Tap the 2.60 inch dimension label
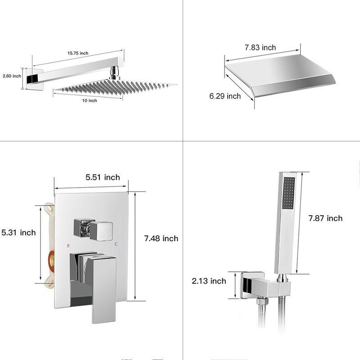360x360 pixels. click(x=12, y=76)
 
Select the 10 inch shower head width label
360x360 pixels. click(x=89, y=100)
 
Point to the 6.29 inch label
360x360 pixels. click(x=225, y=96)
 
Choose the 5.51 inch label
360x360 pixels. click(x=103, y=177)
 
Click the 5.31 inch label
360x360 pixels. click(x=18, y=233)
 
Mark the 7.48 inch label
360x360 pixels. click(x=161, y=238)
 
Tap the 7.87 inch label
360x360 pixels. click(x=325, y=218)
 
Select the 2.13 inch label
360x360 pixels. click(x=209, y=281)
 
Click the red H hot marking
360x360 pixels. click(x=68, y=246)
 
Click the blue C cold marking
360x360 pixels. click(x=116, y=244)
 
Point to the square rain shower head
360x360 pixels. click(x=115, y=86)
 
